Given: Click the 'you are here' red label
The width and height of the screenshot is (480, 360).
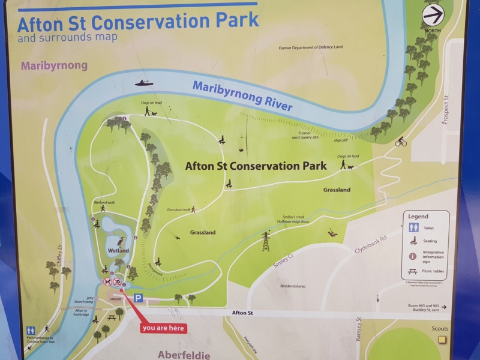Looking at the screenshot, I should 163,328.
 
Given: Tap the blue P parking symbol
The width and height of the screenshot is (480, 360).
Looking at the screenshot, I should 139,298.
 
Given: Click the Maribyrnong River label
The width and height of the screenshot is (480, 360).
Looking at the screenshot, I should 242,95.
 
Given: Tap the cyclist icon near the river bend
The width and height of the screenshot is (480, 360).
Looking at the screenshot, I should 401,142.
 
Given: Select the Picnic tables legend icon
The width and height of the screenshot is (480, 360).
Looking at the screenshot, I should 413,271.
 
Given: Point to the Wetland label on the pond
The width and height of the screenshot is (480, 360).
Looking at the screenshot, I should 118,250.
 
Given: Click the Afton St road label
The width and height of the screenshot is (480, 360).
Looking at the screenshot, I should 242,313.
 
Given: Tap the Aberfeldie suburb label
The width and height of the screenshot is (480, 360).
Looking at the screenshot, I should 184,355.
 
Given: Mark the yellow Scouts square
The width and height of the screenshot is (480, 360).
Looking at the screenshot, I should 442,340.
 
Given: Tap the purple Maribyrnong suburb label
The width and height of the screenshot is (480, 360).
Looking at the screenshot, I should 54,65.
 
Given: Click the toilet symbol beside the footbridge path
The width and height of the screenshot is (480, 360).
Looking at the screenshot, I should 31,330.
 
